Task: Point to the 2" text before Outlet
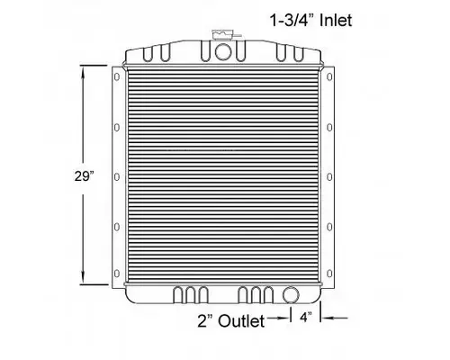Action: [206, 321]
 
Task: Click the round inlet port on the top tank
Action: [222, 52]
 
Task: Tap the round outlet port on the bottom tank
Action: [290, 294]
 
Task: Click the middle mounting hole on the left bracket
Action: [114, 177]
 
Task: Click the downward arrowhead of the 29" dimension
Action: [85, 282]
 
